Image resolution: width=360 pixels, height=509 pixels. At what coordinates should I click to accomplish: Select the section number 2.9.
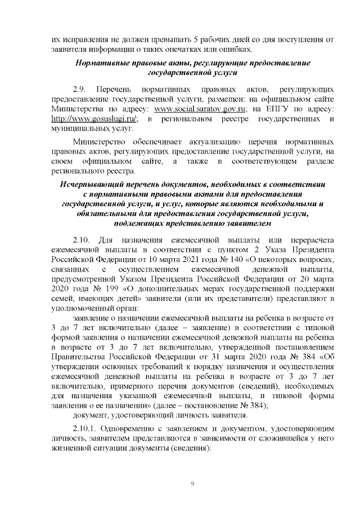[x=80, y=89]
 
